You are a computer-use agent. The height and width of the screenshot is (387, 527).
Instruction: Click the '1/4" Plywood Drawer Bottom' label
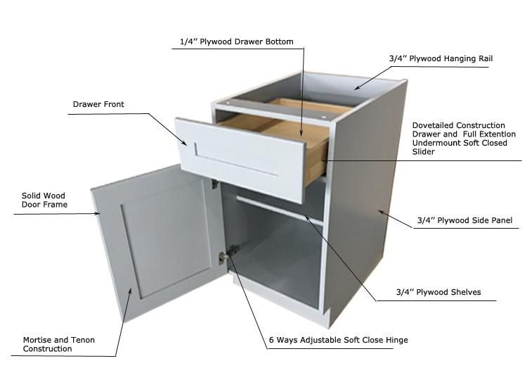[237, 42]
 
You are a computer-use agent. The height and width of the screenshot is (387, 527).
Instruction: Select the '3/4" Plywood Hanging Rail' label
[441, 58]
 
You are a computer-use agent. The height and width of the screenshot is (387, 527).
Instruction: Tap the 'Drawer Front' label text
[98, 104]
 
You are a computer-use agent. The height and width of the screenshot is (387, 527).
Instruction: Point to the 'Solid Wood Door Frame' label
[44, 200]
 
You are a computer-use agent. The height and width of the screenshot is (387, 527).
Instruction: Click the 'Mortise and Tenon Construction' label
[59, 344]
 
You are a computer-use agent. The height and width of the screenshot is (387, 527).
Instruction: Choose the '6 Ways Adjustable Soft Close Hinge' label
[339, 340]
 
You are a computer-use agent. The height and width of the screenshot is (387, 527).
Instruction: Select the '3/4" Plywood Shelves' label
[438, 292]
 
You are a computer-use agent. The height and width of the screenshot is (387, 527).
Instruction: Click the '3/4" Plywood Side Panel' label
[465, 220]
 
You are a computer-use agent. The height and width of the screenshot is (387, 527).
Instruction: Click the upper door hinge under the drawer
[215, 184]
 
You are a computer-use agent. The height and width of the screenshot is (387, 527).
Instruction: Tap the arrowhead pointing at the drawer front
[184, 142]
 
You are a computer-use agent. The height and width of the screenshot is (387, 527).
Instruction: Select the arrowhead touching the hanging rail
[358, 87]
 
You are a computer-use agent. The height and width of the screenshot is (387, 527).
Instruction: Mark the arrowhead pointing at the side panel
[382, 212]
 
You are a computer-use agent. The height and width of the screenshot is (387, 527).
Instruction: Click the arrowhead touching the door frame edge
[97, 213]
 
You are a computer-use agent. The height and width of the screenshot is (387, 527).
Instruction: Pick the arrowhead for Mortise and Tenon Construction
[130, 291]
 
